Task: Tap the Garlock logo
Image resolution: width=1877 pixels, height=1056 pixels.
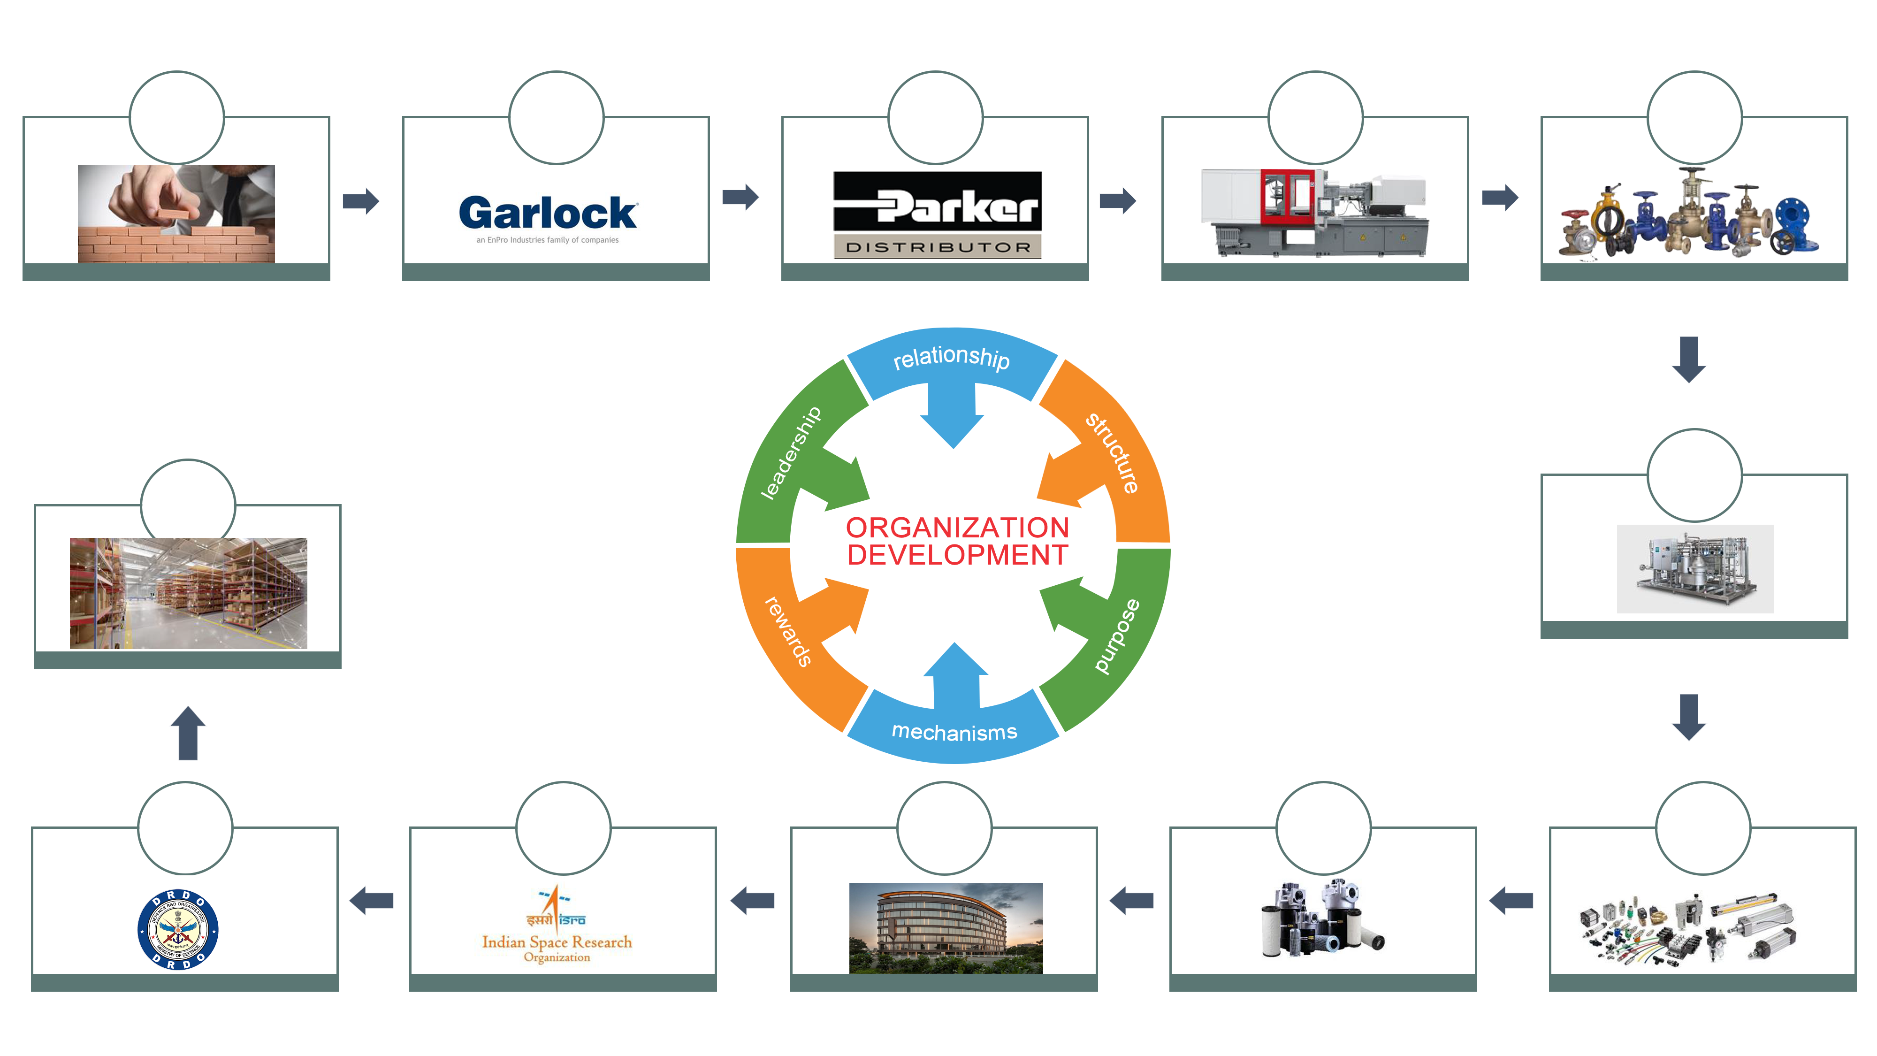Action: coord(548,219)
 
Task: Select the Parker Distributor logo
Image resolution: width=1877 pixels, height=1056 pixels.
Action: coord(937,214)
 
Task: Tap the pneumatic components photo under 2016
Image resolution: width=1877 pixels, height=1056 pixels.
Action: coord(1702,929)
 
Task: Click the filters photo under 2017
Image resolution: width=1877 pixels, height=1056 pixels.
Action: coord(1319,924)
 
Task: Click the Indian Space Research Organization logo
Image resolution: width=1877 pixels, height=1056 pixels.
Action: coord(556,924)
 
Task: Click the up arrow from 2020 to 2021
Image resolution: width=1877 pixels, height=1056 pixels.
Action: coord(187,733)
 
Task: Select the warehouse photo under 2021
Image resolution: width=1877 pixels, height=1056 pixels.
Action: coord(188,593)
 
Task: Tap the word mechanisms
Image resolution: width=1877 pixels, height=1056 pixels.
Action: coord(954,732)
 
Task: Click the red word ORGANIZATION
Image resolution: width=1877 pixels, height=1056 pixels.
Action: coord(957,528)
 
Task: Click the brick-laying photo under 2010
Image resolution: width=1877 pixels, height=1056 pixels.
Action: coord(176,214)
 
